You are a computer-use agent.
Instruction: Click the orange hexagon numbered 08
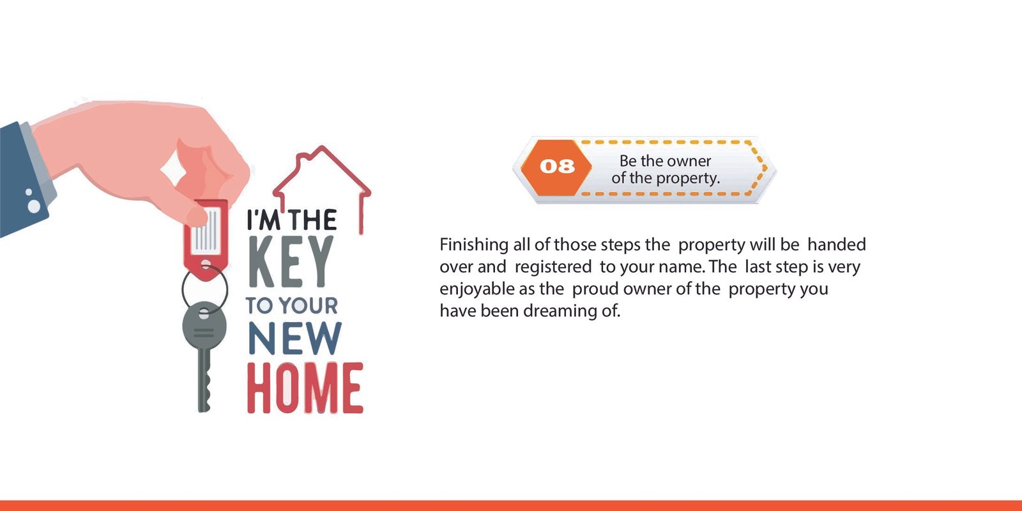[556, 167]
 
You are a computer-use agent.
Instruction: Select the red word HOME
[305, 389]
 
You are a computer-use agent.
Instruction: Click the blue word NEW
[294, 338]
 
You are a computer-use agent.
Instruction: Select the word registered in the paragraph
[553, 267]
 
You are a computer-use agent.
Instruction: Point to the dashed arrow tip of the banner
[767, 168]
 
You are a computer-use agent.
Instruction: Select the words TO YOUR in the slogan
[292, 305]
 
